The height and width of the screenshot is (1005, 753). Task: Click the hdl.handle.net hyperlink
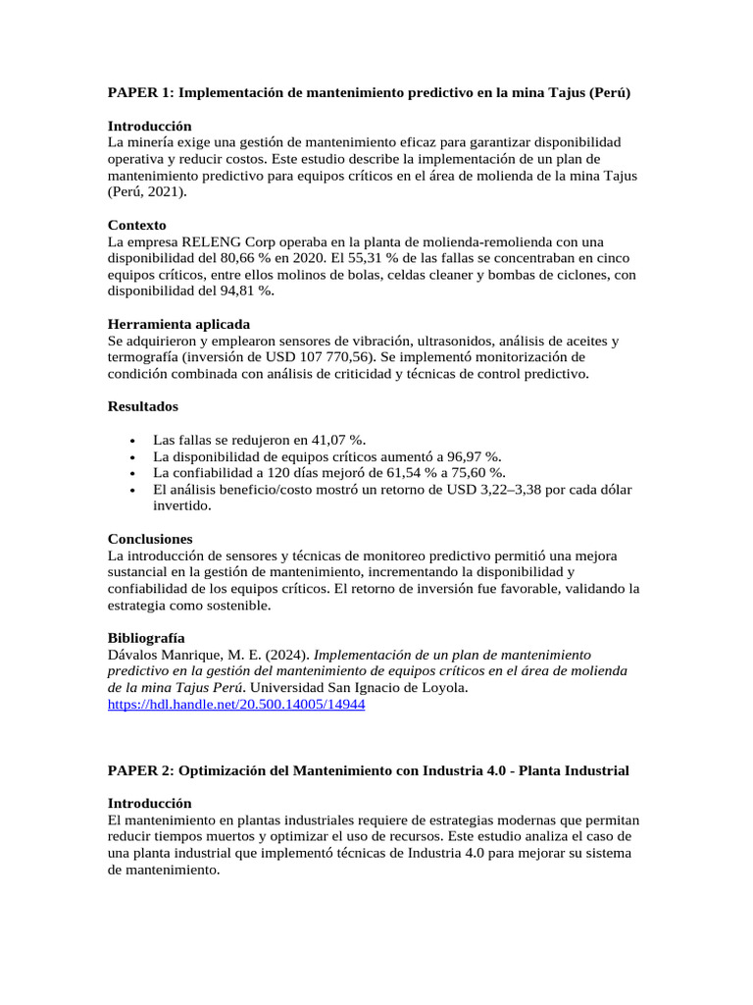pyautogui.click(x=235, y=705)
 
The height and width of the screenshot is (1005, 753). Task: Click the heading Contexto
pyautogui.click(x=136, y=225)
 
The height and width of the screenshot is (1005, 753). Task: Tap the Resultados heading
pyautogui.click(x=142, y=406)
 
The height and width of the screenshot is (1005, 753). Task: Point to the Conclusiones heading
pyautogui.click(x=149, y=539)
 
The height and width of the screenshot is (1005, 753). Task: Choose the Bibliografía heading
pyautogui.click(x=145, y=638)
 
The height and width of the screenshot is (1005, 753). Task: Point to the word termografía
pyautogui.click(x=146, y=357)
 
